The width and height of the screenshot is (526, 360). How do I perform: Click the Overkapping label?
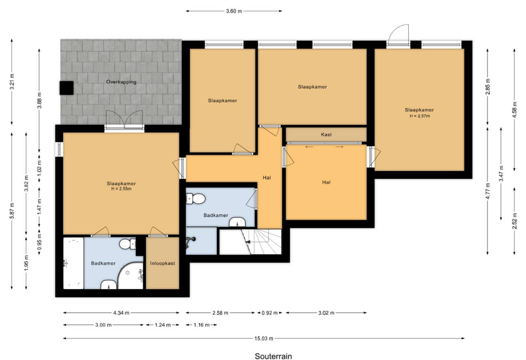pos(121,82)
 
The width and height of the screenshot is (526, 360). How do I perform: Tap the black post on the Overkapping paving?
pos(66,88)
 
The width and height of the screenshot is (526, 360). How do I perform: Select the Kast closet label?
pos(326,134)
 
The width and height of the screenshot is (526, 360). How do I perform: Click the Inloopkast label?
pos(163,263)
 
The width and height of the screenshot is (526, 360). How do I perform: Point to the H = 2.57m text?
pos(420,116)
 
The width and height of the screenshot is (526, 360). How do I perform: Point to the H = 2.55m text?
pos(121,189)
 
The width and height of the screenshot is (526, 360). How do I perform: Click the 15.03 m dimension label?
pos(264,339)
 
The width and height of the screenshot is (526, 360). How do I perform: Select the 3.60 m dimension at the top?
pos(234,11)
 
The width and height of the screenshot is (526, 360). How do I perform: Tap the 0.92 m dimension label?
pos(269,313)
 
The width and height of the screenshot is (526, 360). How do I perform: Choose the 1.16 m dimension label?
pos(201,325)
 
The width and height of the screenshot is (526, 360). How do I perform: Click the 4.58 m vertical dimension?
pos(515,110)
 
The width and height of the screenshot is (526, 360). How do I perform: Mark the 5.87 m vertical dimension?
pos(12,211)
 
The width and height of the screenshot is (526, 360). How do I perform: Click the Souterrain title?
pos(274,356)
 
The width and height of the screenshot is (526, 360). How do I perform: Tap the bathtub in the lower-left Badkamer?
pos(74,263)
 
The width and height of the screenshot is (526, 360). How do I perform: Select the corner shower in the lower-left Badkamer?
pos(131,276)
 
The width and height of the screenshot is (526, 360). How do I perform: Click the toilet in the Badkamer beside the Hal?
pos(195,199)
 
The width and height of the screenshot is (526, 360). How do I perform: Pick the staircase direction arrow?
pos(247,242)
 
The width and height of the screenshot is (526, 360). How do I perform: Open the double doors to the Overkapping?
pos(124,120)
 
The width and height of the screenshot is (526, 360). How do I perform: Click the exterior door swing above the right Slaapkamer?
pos(398,34)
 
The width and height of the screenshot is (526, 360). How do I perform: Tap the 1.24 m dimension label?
pos(163,325)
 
